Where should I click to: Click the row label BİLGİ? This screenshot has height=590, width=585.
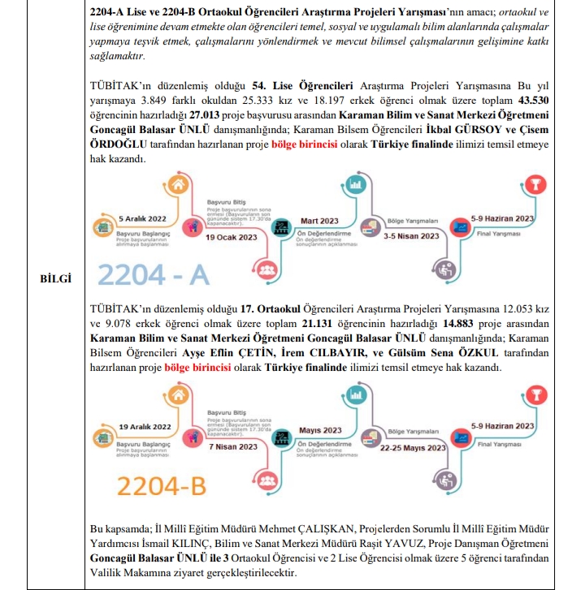(x=56, y=279)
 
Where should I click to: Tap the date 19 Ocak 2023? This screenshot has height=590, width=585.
(x=232, y=238)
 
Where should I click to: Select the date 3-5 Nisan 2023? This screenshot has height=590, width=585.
(x=411, y=235)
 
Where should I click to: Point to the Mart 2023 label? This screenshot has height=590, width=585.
(x=318, y=221)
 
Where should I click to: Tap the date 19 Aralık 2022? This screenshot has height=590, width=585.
(x=145, y=426)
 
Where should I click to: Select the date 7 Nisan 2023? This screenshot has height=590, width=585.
(x=233, y=446)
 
